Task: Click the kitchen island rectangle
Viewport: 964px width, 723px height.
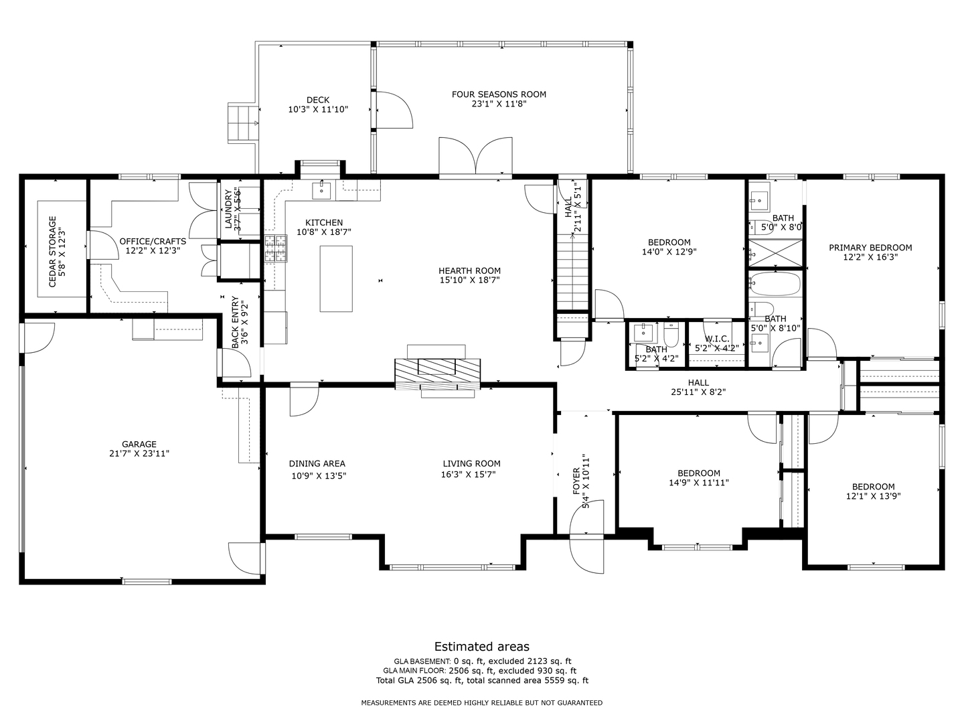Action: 336,278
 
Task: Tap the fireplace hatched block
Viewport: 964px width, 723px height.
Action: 437,374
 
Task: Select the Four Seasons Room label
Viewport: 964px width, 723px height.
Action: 499,94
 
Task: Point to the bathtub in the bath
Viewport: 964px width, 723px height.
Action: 775,284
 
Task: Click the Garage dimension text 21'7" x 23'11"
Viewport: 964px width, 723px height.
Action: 139,454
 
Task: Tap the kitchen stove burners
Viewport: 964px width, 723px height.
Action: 274,248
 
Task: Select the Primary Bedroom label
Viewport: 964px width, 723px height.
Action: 870,248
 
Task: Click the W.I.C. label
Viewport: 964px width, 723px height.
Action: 716,339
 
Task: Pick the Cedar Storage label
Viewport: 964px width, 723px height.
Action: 53,251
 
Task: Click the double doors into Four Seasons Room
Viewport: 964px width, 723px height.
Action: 475,157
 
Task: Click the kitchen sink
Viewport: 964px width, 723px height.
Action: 323,190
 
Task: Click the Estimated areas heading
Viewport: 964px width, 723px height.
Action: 482,647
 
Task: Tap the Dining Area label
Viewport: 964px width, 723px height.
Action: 317,464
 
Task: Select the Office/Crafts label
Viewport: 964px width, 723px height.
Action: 153,241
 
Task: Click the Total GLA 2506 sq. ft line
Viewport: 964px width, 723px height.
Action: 482,681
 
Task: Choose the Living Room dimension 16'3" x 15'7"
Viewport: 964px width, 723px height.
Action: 471,475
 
